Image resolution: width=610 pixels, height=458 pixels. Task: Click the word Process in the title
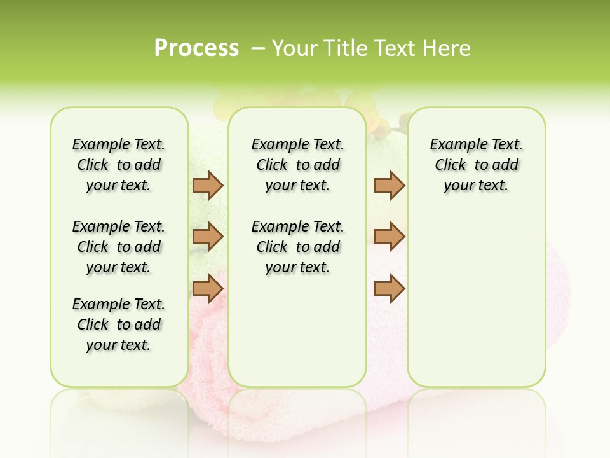tap(196, 48)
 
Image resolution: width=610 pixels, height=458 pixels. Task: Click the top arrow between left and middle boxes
tap(208, 185)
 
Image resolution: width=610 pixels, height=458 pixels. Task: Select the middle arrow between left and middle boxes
tap(208, 237)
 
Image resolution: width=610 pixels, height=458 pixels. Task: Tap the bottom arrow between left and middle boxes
tap(208, 288)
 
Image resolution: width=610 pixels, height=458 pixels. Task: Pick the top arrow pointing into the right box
tap(389, 185)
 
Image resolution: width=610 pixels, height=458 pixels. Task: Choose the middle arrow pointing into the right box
tap(389, 236)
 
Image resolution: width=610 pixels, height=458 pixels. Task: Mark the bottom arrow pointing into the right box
tap(389, 289)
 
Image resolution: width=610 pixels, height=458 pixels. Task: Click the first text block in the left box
tap(119, 165)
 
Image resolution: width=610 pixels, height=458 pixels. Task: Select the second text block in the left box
tap(119, 247)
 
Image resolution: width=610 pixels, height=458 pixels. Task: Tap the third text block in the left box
tap(119, 324)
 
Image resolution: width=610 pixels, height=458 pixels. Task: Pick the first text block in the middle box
tap(297, 165)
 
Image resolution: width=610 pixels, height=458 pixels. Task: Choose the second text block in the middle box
tap(297, 247)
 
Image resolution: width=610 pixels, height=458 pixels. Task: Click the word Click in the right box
tap(451, 165)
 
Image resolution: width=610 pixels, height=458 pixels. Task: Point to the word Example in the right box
tap(454, 145)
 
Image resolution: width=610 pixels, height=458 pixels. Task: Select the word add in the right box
tap(505, 165)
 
